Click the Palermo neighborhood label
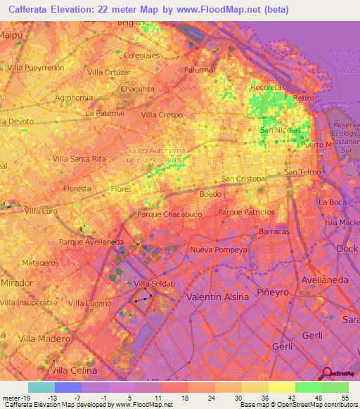tap(199, 70)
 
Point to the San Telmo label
tap(303, 172)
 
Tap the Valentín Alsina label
tap(217, 297)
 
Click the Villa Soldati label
tap(152, 283)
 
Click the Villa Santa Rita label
tap(79, 159)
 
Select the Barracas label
tap(274, 231)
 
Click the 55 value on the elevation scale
tap(344, 397)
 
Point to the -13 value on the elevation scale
tap(53, 397)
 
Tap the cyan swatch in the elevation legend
tap(41, 387)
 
